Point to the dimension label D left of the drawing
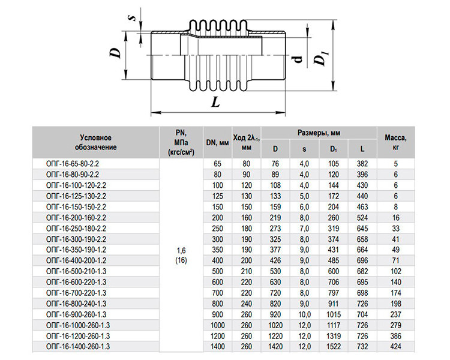[x=116, y=53]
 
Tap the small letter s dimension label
[x=133, y=18]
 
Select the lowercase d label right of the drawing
[x=298, y=59]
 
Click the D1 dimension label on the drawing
[x=322, y=58]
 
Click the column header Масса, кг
[x=395, y=142]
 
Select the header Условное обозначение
[x=96, y=142]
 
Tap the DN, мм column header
[x=218, y=142]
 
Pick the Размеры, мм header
[x=319, y=133]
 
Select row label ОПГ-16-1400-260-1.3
[x=78, y=347]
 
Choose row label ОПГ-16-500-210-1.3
[x=76, y=271]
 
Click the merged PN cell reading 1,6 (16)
[x=181, y=255]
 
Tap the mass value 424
[x=395, y=347]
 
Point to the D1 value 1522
[x=333, y=347]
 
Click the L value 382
[x=362, y=164]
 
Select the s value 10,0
[x=304, y=314]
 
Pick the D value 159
[x=275, y=207]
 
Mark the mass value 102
[x=395, y=271]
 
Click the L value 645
[x=362, y=229]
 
